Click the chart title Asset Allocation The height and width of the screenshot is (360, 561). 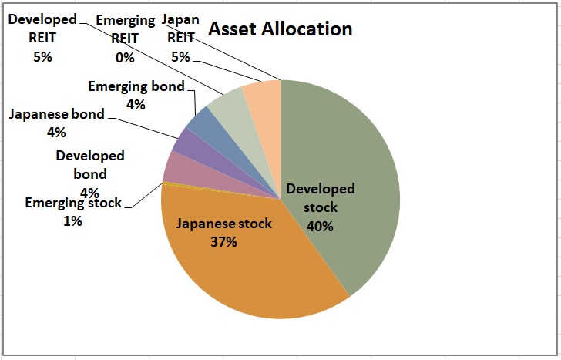[280, 29]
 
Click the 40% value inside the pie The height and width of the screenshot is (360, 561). [320, 226]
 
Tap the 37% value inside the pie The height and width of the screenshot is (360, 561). [223, 241]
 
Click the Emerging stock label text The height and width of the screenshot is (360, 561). [73, 204]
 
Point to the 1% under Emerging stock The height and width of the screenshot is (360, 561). [72, 221]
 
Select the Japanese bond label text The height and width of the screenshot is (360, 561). [57, 115]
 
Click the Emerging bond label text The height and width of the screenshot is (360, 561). [136, 86]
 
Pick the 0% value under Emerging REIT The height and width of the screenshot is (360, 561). [124, 57]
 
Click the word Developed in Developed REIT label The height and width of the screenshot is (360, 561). [42, 19]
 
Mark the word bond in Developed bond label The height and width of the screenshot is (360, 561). [89, 174]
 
